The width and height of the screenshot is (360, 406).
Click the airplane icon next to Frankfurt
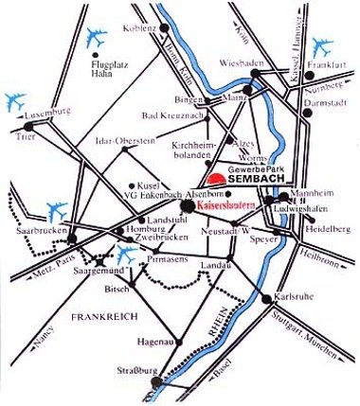pos(323,44)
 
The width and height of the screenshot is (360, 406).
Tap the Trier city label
pos(25,136)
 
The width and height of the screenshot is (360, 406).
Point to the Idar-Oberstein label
pos(124,141)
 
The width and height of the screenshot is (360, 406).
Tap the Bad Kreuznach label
pos(171,115)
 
